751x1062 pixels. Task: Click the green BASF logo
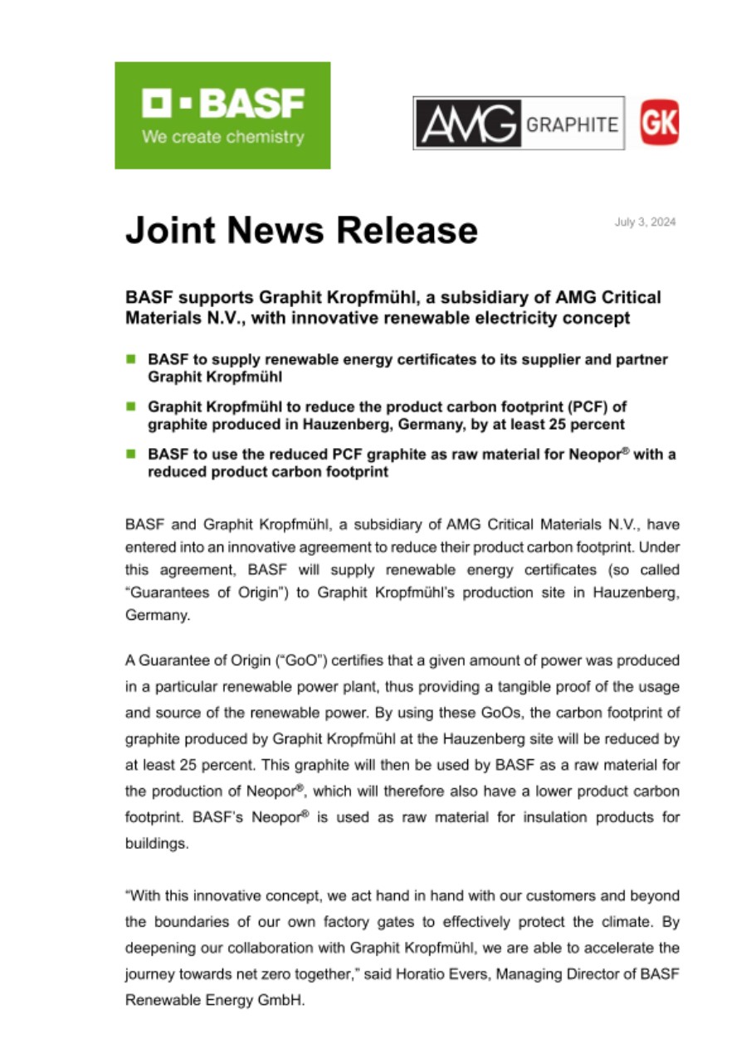tap(222, 115)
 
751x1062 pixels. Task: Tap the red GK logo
tap(660, 123)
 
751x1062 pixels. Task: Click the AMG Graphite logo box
tap(519, 123)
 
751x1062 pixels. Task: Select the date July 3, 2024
tap(645, 222)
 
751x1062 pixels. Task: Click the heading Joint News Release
tap(301, 230)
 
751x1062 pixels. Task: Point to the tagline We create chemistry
tap(222, 138)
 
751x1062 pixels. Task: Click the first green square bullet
tap(131, 359)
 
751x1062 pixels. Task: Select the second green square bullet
tap(131, 407)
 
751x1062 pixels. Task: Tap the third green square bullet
tap(131, 454)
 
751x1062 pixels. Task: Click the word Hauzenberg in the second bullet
tap(310, 424)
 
